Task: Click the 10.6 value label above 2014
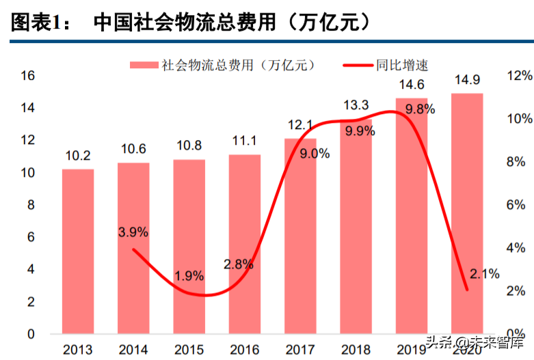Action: [x=133, y=150]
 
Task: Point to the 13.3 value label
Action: [x=356, y=105]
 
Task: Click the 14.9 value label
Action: [x=467, y=81]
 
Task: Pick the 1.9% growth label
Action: [x=189, y=277]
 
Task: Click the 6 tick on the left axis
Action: [x=31, y=237]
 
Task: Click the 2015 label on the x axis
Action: [x=189, y=350]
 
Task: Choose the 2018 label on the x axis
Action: [x=356, y=350]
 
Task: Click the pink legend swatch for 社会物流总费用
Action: [x=144, y=65]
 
